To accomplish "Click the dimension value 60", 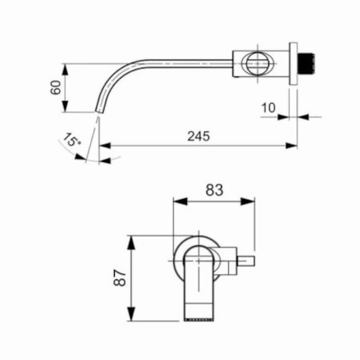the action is click(56, 87).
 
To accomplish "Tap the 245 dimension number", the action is click(199, 136).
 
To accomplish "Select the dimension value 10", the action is click(268, 108).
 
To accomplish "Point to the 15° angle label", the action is click(70, 139).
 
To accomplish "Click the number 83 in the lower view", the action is click(214, 190).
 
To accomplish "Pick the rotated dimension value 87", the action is click(120, 278).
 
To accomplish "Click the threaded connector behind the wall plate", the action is click(306, 63).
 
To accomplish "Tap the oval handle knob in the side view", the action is click(258, 63).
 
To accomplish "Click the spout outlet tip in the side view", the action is click(98, 111).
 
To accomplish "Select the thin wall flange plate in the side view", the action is click(293, 63).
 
